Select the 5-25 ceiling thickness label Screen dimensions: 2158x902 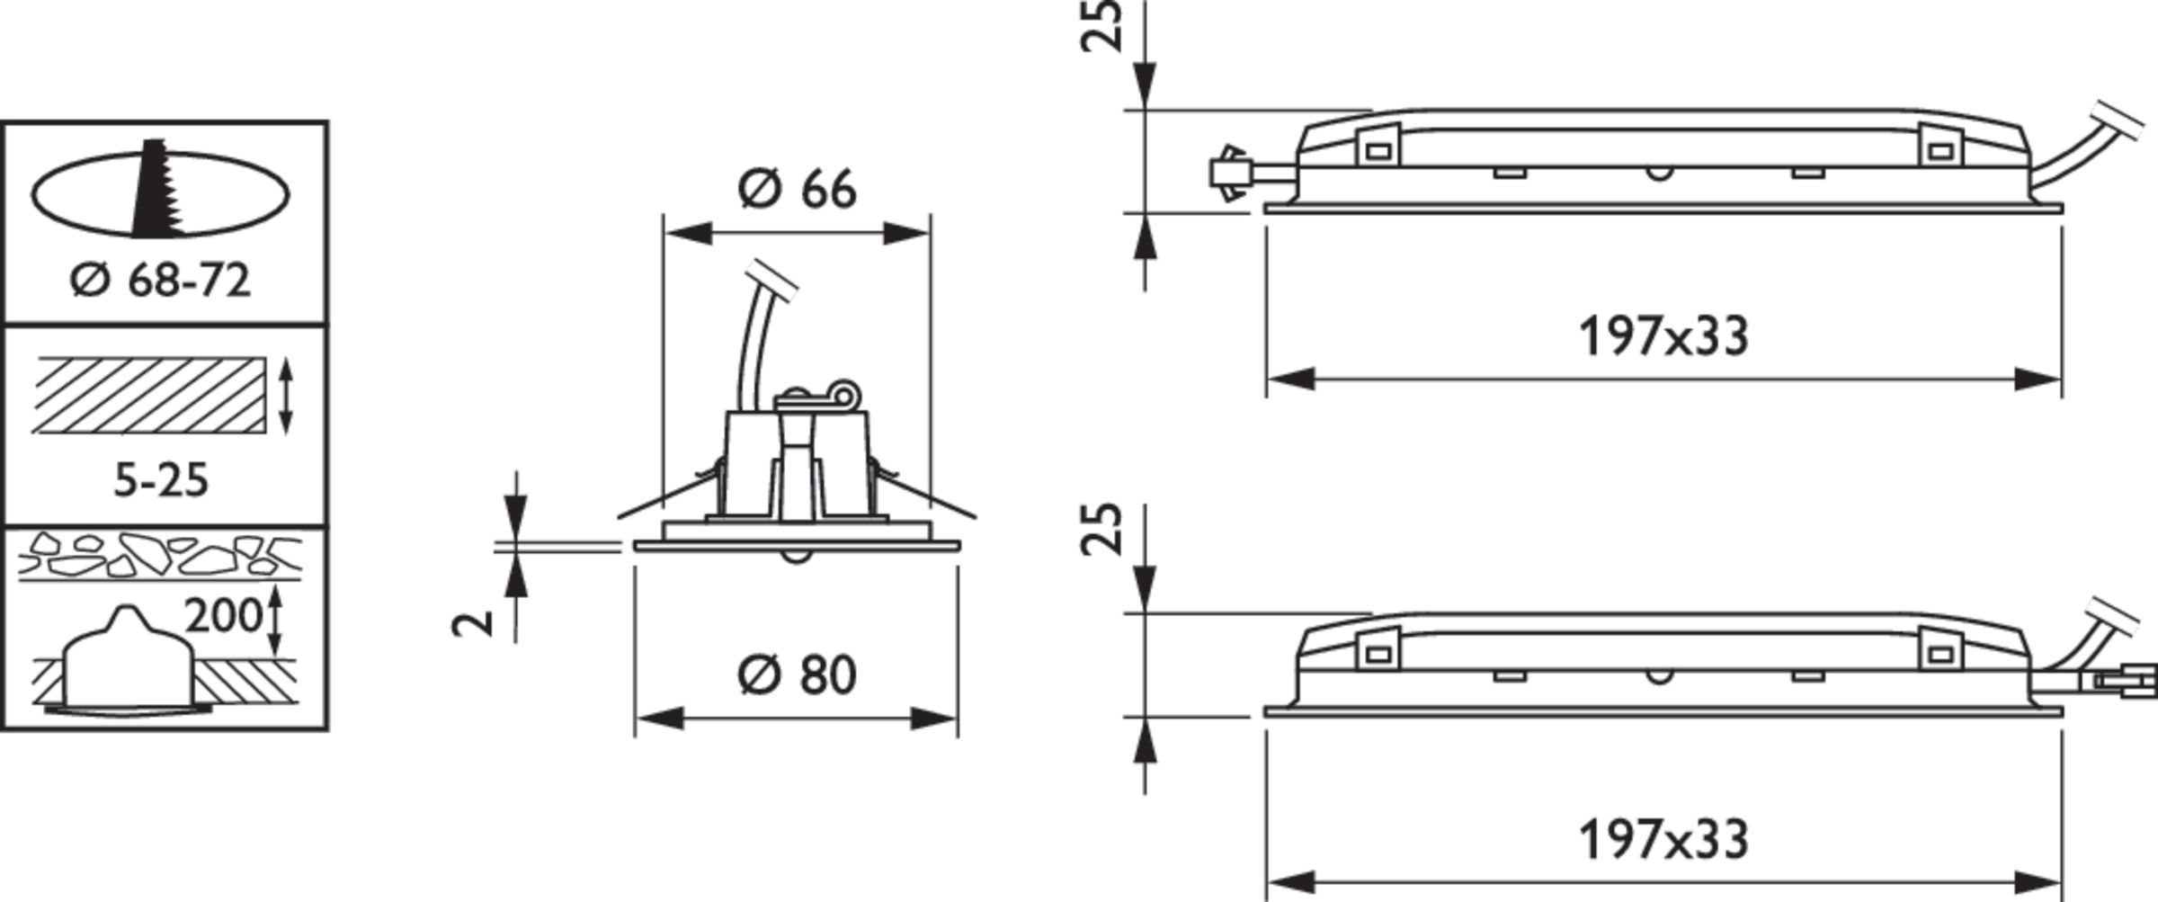(x=161, y=481)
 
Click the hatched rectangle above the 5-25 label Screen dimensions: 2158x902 (x=151, y=396)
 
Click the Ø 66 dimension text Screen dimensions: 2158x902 (x=797, y=190)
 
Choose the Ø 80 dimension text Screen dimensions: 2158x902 (x=797, y=674)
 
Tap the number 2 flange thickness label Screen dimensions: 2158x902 (x=474, y=622)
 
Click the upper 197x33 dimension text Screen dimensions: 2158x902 (x=1663, y=337)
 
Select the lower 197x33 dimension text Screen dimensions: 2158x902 (x=1663, y=840)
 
